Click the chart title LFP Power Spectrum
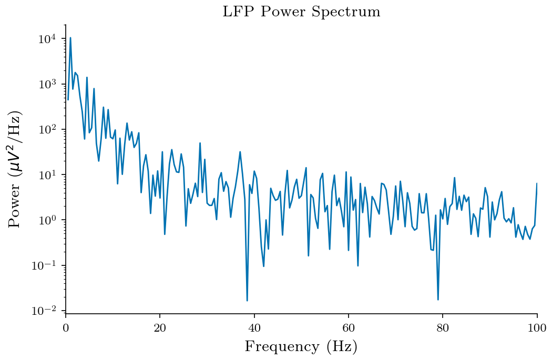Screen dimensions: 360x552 click(301, 12)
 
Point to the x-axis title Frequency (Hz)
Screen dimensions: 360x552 click(301, 347)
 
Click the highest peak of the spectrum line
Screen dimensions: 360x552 click(70, 38)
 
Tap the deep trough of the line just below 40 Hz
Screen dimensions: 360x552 click(247, 300)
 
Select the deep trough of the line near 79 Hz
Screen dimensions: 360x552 click(438, 300)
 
